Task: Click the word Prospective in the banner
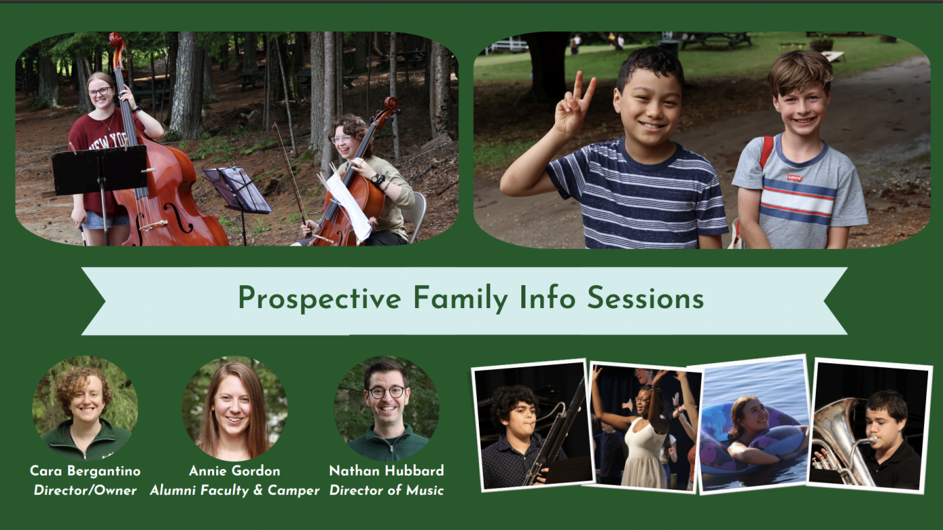[319, 299]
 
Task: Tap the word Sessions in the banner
[645, 298]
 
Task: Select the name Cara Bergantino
[86, 471]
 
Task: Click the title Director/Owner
[85, 490]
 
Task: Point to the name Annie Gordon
[234, 471]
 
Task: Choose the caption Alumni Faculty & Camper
[234, 490]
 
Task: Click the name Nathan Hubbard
[387, 471]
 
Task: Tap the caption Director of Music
[387, 490]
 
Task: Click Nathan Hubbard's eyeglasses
[387, 392]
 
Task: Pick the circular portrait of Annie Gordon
[234, 408]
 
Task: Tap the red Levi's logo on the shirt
[794, 178]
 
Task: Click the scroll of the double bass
[117, 41]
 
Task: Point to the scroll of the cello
[391, 105]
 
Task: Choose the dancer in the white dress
[643, 437]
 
